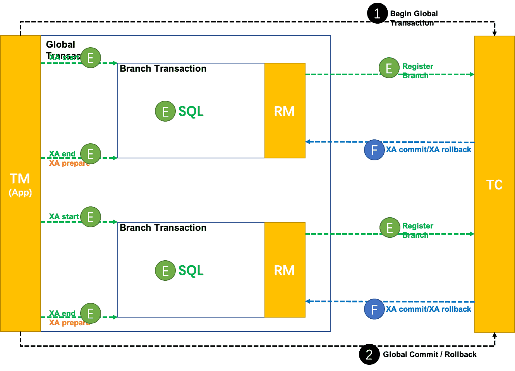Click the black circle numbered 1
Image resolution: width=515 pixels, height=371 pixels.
point(377,14)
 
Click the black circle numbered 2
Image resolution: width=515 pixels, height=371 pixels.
point(369,354)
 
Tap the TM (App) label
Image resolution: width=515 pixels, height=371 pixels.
point(20,184)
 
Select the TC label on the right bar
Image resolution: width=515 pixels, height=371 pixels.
point(494,185)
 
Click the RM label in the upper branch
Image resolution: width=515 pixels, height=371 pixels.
point(285,112)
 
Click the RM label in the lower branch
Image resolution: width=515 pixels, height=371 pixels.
point(285,270)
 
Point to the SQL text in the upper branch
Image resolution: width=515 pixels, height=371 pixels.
point(191,112)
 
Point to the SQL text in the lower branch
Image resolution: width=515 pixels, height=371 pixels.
point(191,270)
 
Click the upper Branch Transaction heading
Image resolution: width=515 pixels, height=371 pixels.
point(163,69)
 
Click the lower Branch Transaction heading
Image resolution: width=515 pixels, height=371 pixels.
point(163,228)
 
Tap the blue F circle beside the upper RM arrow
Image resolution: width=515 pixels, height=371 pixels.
point(374,150)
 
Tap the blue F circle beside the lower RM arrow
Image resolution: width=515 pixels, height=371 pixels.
point(374,309)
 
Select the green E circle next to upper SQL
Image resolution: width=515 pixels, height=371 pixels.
point(165,112)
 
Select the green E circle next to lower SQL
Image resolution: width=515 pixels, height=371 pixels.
point(165,270)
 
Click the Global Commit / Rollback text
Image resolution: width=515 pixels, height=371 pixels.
point(430,354)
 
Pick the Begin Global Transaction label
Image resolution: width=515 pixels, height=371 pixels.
point(414,18)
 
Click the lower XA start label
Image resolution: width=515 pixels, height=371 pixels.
point(64,216)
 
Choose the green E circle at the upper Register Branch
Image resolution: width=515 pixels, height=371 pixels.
point(389,68)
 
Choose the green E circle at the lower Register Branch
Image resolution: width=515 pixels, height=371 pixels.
point(390,228)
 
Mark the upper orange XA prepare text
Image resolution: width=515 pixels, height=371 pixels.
point(69,163)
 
